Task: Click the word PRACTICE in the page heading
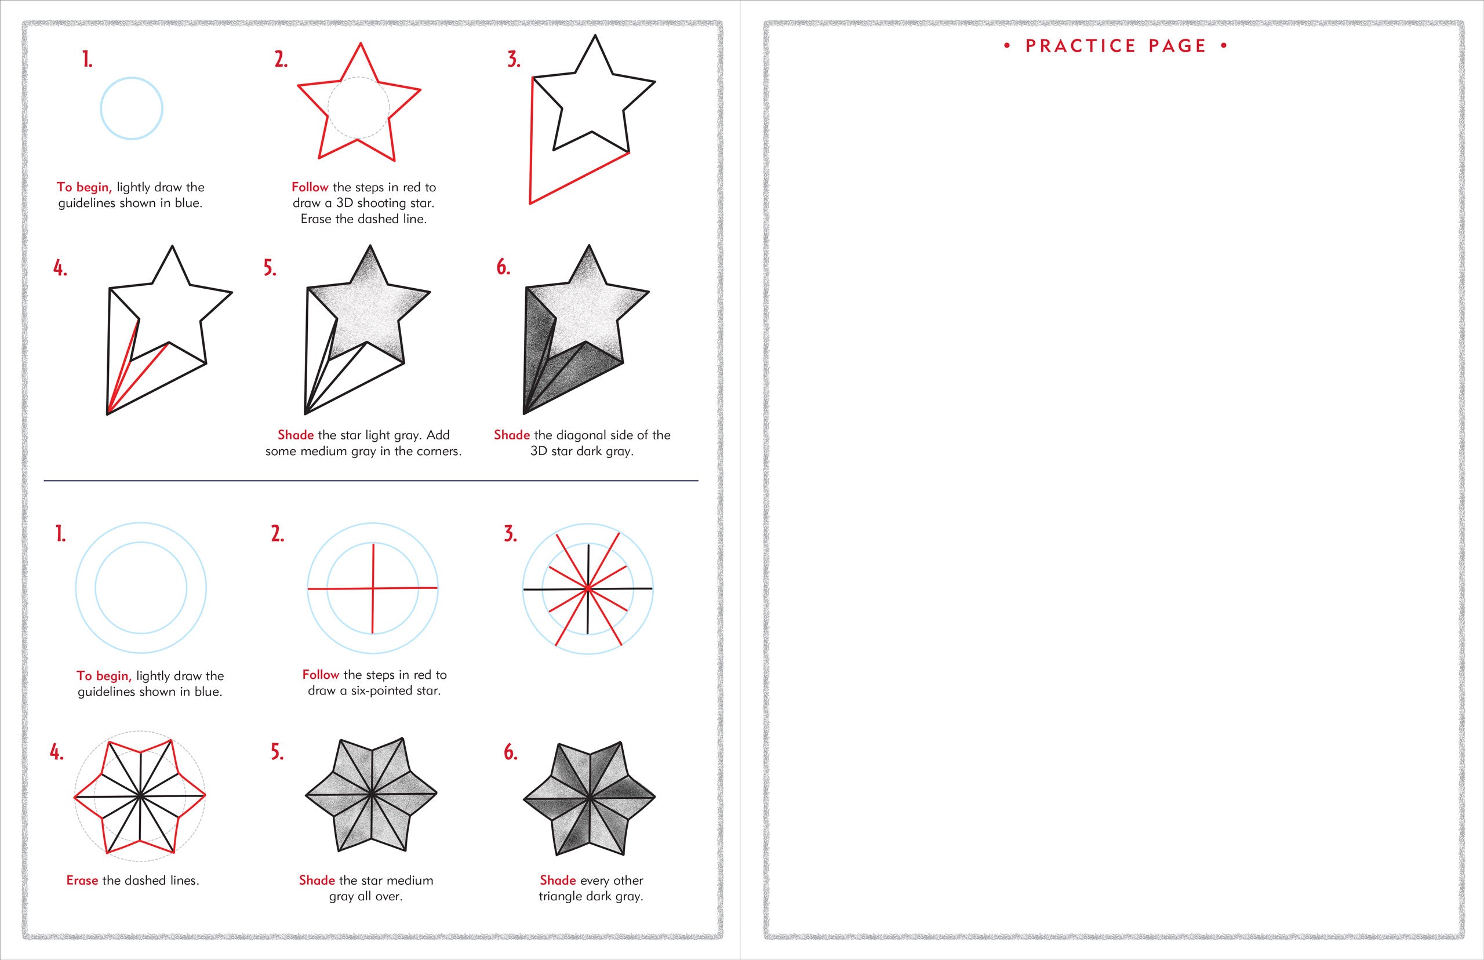(x=1081, y=46)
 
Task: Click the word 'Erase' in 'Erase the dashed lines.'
(x=82, y=880)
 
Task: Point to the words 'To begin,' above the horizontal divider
(x=84, y=187)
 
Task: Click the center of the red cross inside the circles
(x=373, y=588)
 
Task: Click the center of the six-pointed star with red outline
(x=140, y=795)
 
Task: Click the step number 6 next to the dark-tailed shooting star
(x=503, y=267)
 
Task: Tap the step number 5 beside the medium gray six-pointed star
(x=277, y=752)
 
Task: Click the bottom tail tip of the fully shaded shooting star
(x=524, y=413)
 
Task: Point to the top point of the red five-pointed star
(x=360, y=43)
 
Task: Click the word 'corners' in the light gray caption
(x=438, y=452)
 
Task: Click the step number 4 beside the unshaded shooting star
(x=60, y=268)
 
